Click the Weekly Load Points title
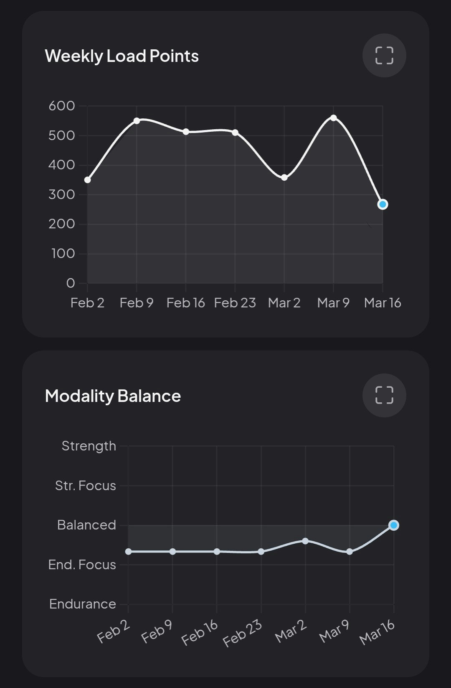122,56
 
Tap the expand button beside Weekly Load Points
384,56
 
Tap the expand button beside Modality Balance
384,395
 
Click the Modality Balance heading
113,396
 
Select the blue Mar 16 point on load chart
383,205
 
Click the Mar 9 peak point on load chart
333,118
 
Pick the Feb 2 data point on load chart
88,180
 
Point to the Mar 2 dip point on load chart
284,177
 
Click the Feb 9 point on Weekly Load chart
137,121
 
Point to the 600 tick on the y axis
62,106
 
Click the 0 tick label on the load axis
71,283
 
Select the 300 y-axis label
62,194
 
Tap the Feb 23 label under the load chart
235,303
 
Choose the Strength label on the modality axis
89,446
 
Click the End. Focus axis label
82,565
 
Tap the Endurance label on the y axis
83,604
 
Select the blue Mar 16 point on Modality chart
394,525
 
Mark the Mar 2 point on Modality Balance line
305,541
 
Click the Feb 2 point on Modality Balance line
128,552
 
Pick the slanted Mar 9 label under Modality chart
334,631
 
